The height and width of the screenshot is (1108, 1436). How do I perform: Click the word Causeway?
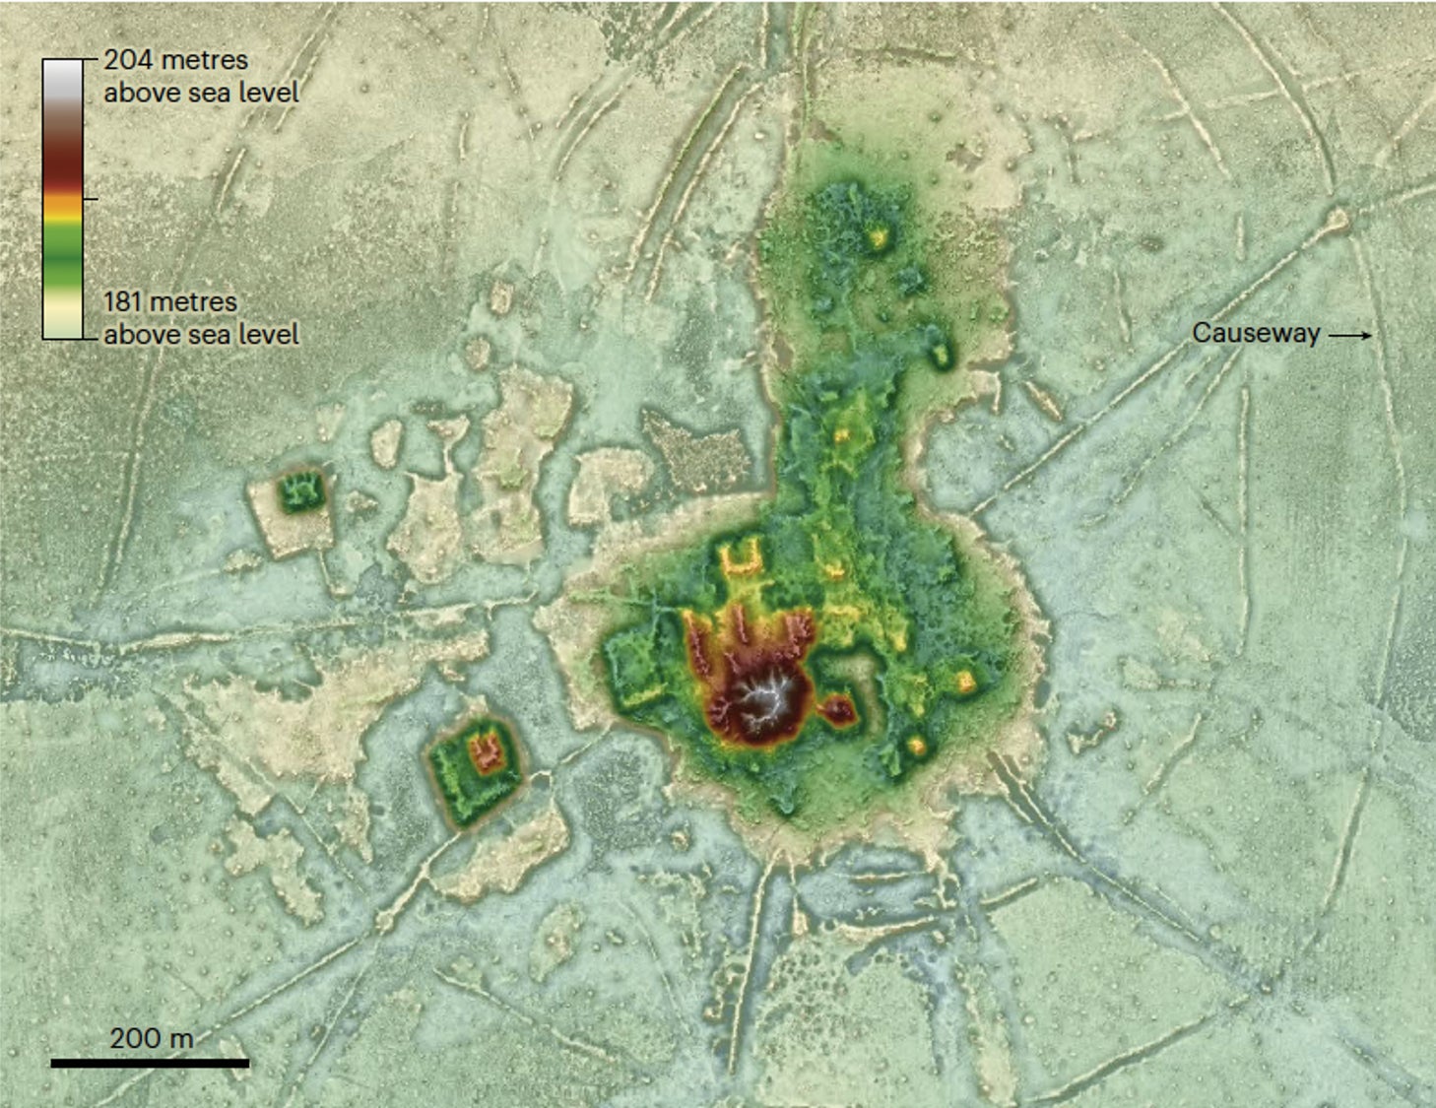pyautogui.click(x=1256, y=333)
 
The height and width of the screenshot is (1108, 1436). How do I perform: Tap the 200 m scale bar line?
pyautogui.click(x=150, y=1063)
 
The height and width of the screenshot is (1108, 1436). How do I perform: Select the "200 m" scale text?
pyautogui.click(x=151, y=1037)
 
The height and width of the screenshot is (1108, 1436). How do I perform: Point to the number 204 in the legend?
pyautogui.click(x=128, y=60)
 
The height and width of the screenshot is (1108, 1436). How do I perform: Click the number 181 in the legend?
pyautogui.click(x=124, y=301)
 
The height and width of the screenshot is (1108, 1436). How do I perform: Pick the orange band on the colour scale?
pyautogui.click(x=63, y=205)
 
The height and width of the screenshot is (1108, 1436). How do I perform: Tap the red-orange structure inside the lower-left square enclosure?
pyautogui.click(x=486, y=753)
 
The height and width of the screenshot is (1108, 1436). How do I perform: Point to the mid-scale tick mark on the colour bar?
pyautogui.click(x=91, y=199)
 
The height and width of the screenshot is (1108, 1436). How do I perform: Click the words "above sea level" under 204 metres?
pyautogui.click(x=201, y=93)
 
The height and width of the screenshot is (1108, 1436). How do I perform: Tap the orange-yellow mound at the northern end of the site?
pyautogui.click(x=876, y=237)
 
